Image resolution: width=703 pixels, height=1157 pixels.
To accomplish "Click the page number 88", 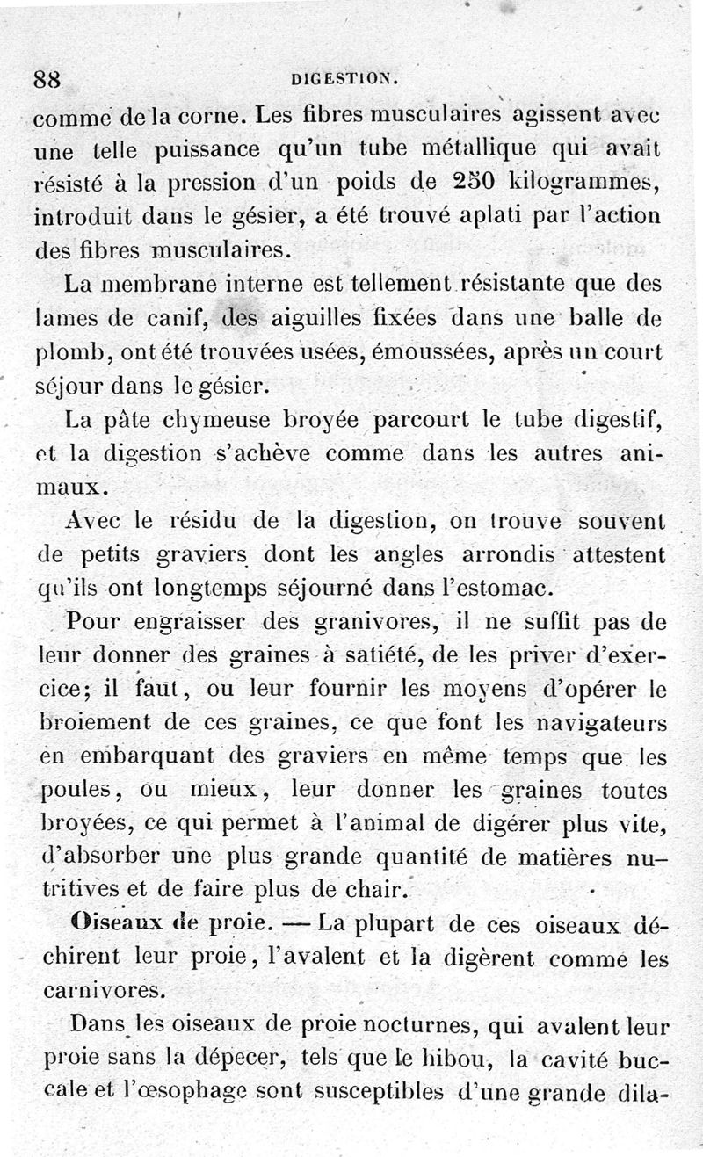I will coord(47,77).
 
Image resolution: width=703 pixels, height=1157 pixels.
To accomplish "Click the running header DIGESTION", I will coord(345,78).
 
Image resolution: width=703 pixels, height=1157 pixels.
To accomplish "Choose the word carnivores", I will coord(102,991).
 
